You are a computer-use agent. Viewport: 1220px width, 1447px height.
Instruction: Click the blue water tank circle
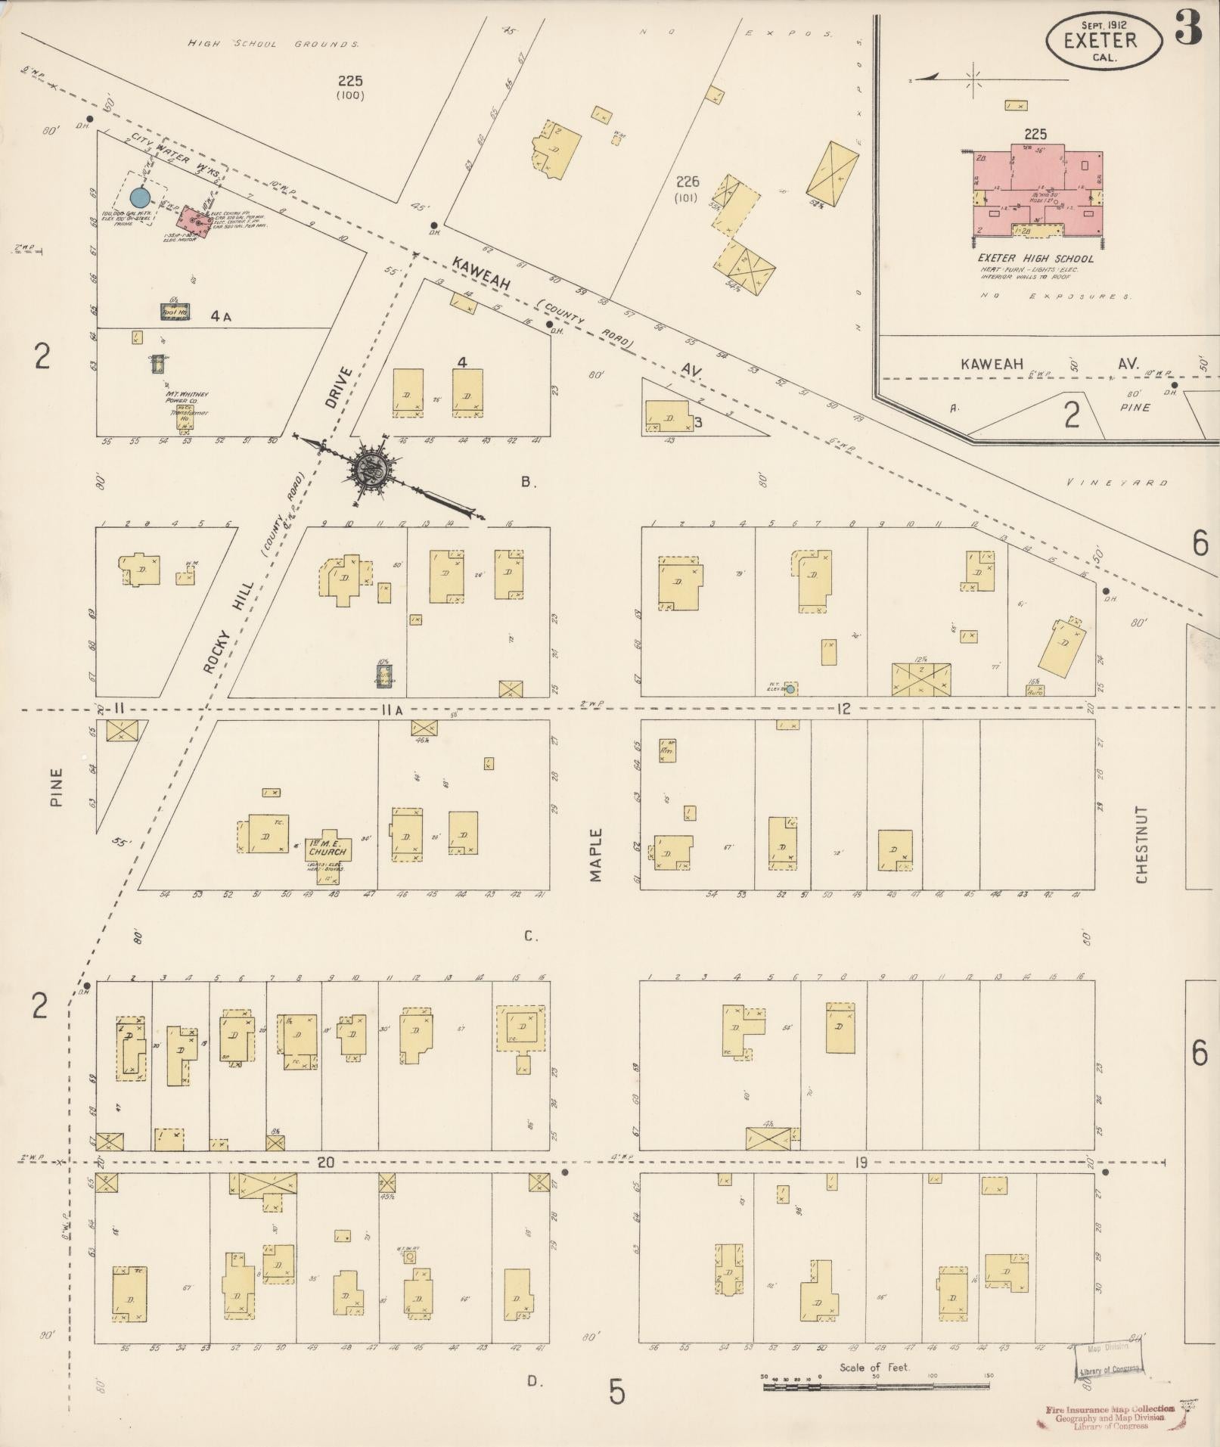[x=139, y=197]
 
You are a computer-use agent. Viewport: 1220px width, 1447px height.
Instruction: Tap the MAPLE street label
[x=596, y=855]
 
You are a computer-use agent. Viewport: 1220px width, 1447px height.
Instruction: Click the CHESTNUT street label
[x=1141, y=844]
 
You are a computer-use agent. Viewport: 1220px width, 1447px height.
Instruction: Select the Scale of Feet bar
[x=876, y=1386]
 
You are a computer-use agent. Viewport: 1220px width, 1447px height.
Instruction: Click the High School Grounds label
[x=273, y=45]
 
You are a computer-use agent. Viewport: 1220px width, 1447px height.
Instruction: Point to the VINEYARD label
[x=1118, y=482]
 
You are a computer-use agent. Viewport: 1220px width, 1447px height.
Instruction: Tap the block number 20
[x=326, y=1163]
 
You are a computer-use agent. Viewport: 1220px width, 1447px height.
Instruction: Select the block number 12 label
[x=844, y=709]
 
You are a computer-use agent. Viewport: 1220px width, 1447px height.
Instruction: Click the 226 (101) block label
[x=688, y=188]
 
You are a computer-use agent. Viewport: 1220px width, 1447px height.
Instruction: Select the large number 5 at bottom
[x=617, y=1393]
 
